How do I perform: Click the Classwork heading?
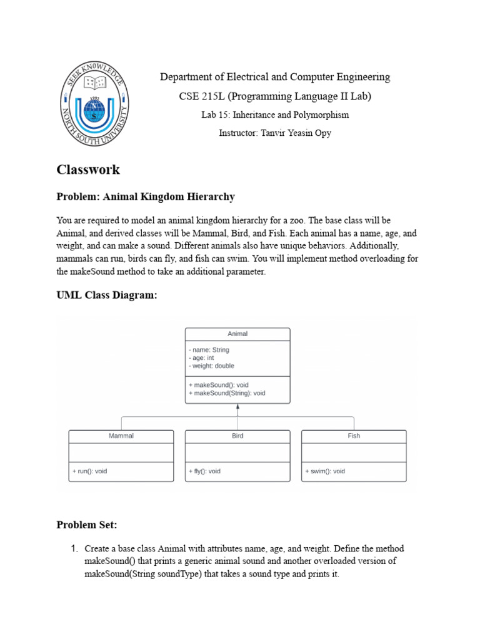(88, 170)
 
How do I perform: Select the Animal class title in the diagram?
(237, 334)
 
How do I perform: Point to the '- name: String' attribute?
(209, 350)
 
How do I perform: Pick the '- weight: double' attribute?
(212, 366)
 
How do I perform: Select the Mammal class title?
(121, 436)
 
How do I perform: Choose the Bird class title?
(237, 436)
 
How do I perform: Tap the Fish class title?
(354, 436)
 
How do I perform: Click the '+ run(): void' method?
(90, 471)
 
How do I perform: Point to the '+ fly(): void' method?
(204, 471)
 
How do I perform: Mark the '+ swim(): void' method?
(325, 471)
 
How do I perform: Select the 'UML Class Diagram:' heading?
(107, 295)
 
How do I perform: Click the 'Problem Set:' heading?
(87, 525)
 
